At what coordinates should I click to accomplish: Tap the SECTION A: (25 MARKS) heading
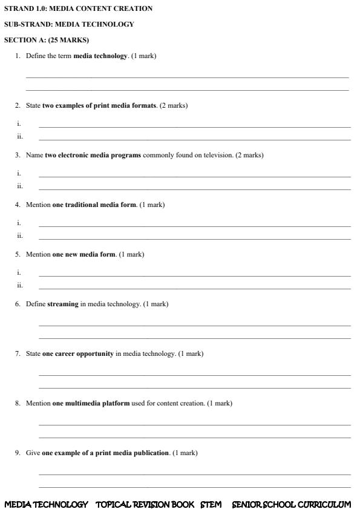(x=46, y=41)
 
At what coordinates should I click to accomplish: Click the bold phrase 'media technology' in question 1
(x=100, y=56)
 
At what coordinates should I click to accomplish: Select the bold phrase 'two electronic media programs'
(x=93, y=156)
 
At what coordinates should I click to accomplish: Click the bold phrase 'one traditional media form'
(x=94, y=205)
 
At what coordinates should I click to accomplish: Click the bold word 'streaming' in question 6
(x=63, y=304)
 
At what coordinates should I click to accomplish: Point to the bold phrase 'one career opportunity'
(x=77, y=354)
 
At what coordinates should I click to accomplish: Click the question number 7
(x=18, y=354)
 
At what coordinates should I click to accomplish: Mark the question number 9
(x=18, y=453)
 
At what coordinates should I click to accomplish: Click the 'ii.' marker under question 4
(x=20, y=236)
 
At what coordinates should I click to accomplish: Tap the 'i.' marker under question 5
(x=19, y=273)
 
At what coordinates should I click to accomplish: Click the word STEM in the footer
(x=211, y=504)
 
